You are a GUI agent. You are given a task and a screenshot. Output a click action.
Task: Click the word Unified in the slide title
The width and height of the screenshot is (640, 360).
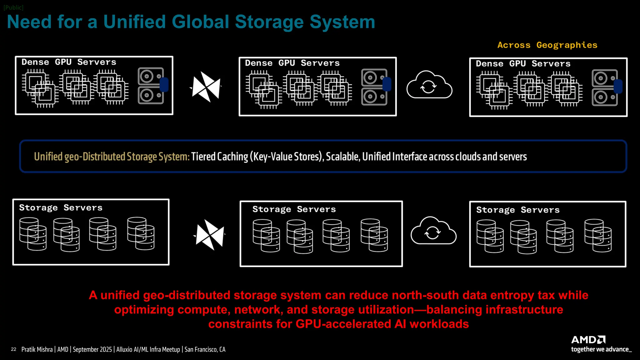tap(134, 22)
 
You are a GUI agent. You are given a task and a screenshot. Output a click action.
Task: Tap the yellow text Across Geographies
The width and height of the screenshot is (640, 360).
tap(547, 45)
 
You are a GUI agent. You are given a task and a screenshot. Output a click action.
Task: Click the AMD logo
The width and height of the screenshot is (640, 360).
tap(588, 340)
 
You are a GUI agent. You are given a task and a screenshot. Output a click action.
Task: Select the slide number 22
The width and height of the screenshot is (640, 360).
tap(13, 349)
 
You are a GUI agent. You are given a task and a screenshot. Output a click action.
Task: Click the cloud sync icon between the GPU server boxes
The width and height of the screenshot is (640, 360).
tap(429, 85)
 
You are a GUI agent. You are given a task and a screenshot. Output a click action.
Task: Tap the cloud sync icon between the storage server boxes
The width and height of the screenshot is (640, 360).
tap(433, 231)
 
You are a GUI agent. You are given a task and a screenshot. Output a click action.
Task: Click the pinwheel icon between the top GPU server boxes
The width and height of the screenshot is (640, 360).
tap(206, 87)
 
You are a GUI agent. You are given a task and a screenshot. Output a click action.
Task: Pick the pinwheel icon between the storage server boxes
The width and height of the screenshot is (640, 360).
tap(210, 234)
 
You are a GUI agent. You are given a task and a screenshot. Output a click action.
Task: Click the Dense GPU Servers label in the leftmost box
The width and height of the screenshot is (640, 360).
tap(69, 62)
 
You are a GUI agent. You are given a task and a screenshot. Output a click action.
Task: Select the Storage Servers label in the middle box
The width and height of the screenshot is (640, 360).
tap(294, 209)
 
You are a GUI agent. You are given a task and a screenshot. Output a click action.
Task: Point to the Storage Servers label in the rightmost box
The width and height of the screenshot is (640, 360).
tap(518, 210)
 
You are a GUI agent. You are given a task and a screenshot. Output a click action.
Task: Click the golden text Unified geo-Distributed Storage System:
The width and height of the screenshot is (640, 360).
tap(112, 157)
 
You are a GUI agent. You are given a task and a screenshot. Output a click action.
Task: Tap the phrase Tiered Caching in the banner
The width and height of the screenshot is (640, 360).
tap(219, 157)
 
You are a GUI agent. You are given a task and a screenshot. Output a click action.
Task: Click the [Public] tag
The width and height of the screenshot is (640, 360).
tap(13, 7)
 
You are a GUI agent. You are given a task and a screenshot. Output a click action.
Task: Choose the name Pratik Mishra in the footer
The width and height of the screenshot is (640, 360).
tap(37, 349)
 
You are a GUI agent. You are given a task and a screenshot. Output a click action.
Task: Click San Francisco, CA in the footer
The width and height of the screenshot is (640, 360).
tap(205, 349)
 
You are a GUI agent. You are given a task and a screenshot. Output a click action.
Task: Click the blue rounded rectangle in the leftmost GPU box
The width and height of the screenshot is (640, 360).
tap(164, 85)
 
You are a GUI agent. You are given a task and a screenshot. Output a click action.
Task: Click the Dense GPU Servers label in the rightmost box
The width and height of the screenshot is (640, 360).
tap(523, 64)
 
